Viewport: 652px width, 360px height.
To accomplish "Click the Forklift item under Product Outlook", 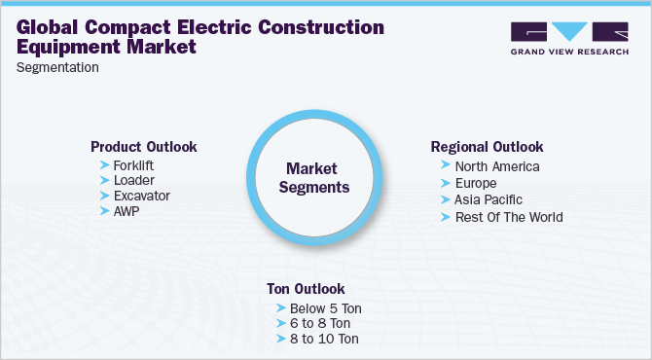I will click(x=133, y=164).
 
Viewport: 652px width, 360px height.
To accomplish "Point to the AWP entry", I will click(x=127, y=211).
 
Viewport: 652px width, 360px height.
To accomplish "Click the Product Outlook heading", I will click(x=144, y=147).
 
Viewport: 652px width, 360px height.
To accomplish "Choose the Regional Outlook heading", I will click(x=487, y=147).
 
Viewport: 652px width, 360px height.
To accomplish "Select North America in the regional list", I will click(x=496, y=166).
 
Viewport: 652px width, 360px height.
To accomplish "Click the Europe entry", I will click(x=476, y=183).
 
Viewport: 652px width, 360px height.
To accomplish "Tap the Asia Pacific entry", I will click(x=489, y=199).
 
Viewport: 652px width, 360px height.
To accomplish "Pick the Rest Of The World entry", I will click(x=509, y=216).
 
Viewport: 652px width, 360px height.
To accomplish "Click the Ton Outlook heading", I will click(x=306, y=289).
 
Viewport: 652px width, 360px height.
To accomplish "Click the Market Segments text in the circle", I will click(x=311, y=178).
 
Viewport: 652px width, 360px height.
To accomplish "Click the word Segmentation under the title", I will click(x=57, y=68).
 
